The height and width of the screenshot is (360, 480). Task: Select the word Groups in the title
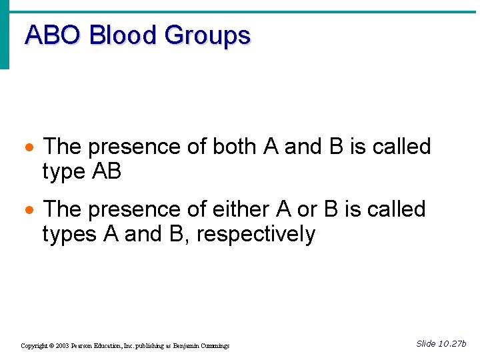click(x=207, y=35)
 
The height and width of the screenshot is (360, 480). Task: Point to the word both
click(x=236, y=146)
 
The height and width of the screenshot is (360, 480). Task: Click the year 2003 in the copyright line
click(x=63, y=346)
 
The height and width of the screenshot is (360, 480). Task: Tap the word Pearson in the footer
click(x=83, y=346)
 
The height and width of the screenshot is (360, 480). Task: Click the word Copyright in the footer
click(x=33, y=346)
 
